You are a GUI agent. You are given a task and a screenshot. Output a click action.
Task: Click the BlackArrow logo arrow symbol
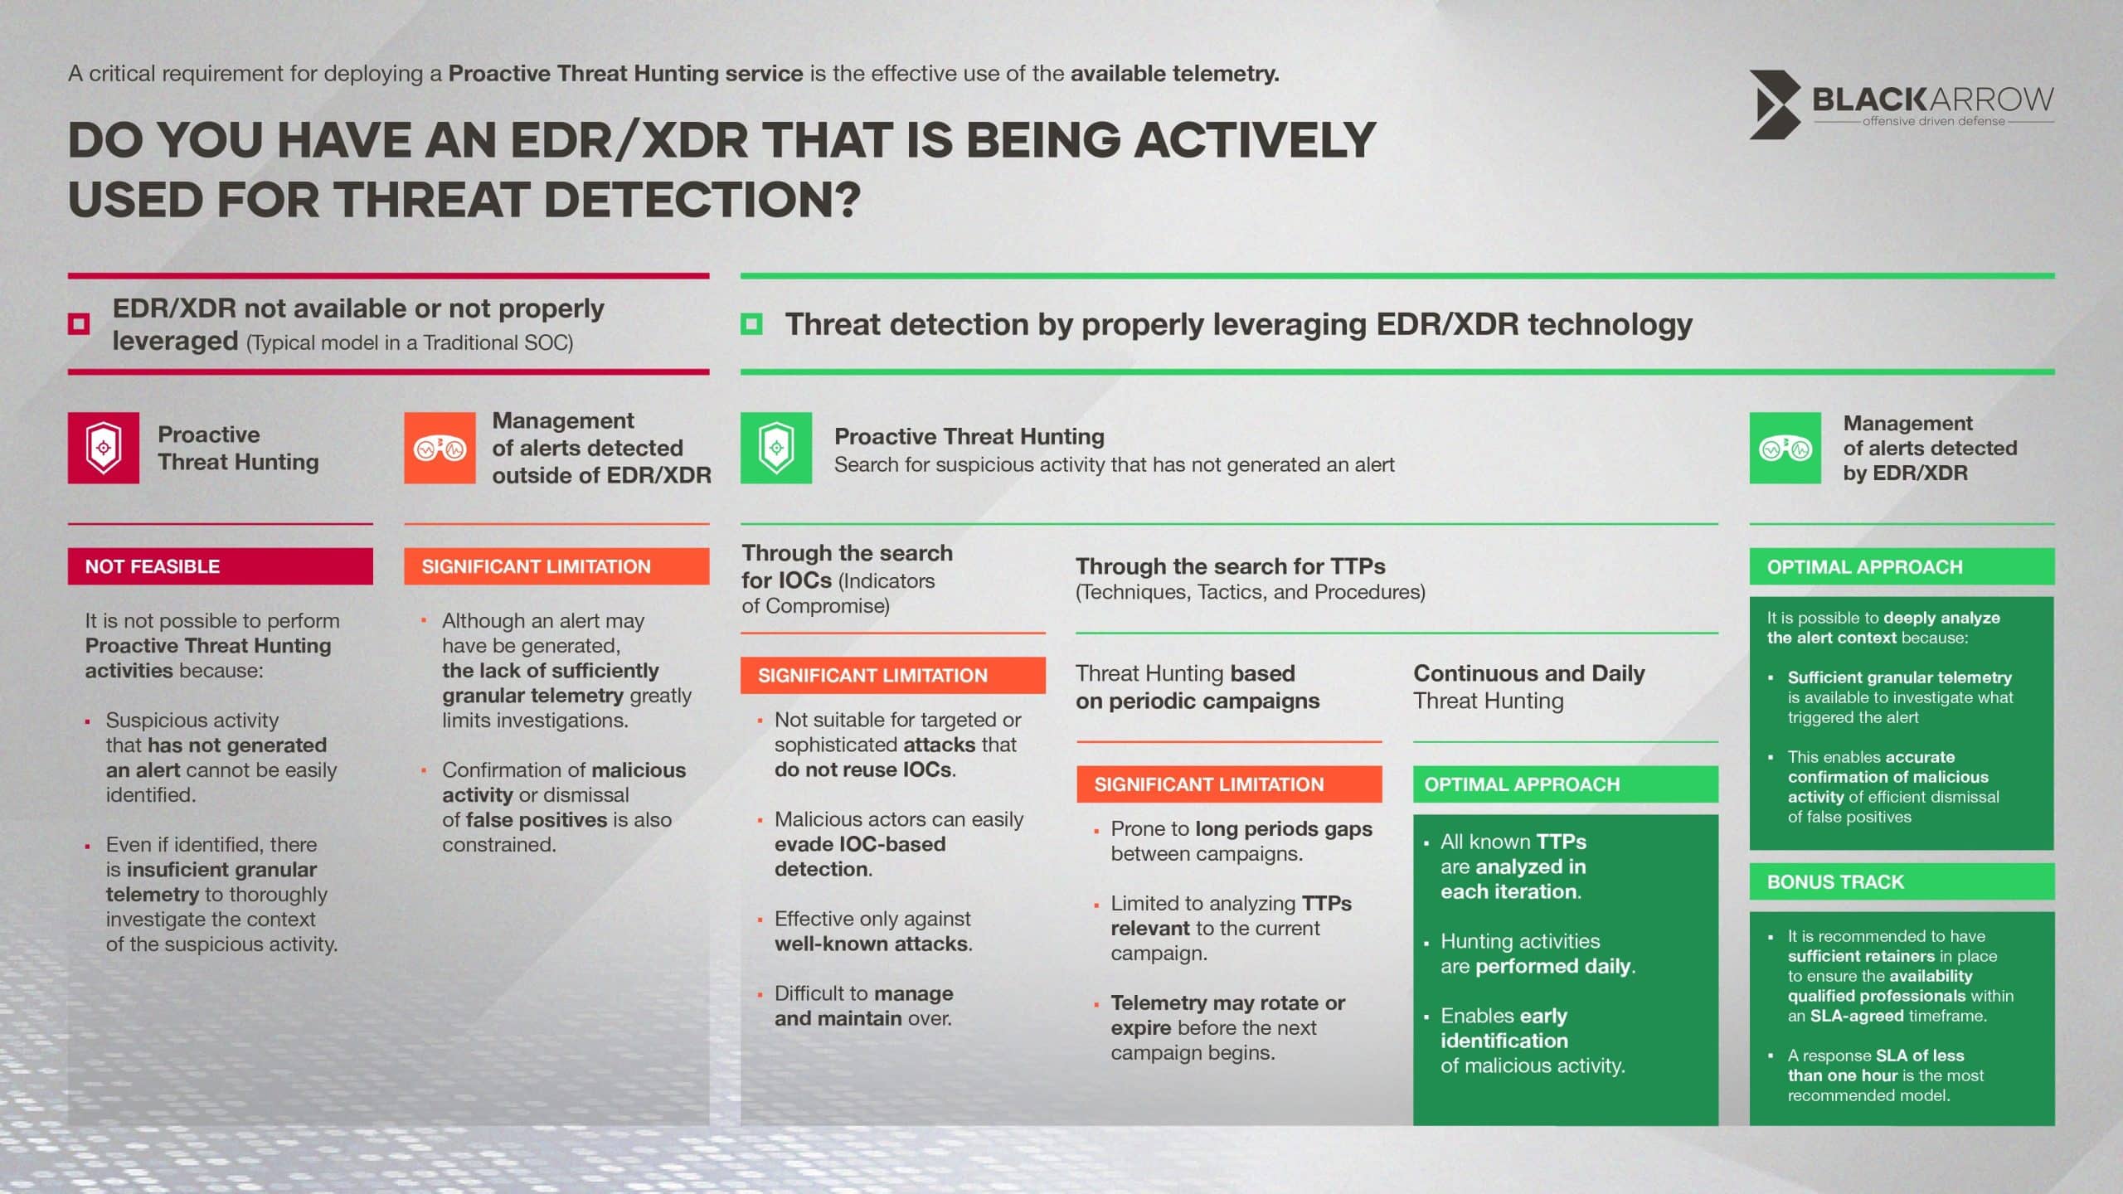1775,104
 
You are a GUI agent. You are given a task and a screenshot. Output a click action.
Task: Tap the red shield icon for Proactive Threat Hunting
104,448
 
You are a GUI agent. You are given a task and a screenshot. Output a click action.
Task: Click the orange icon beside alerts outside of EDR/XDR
440,448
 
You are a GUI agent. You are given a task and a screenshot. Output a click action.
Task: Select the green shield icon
776,448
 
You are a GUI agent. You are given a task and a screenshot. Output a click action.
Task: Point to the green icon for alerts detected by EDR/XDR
1785,448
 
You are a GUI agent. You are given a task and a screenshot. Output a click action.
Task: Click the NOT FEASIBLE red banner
221,566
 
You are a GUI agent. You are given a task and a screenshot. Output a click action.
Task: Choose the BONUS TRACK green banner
1902,881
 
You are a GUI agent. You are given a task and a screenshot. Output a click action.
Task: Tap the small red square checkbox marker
79,323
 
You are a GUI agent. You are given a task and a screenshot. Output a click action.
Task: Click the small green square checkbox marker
751,323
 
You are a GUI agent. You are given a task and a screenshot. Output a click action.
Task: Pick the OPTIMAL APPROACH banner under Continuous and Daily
1566,784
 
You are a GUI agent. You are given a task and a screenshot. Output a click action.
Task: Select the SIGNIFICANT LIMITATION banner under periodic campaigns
1229,784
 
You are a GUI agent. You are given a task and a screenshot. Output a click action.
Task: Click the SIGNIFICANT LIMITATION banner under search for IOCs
893,675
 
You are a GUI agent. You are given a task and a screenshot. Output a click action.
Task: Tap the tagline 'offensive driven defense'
1934,121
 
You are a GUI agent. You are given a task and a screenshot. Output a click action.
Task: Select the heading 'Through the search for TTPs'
1231,566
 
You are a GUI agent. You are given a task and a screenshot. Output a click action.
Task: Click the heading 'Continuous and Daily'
1529,673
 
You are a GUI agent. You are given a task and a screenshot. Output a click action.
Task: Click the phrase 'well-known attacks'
872,944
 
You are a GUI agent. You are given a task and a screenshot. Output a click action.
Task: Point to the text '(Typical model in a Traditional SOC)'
410,342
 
